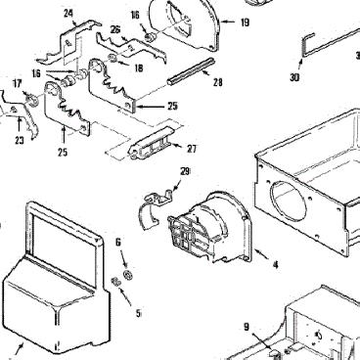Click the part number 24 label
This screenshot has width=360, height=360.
[68, 14]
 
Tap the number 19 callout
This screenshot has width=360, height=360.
[245, 22]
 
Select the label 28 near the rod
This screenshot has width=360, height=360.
[218, 82]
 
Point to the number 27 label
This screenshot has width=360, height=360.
[192, 149]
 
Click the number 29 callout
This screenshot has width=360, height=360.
[185, 171]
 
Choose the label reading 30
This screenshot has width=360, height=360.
[294, 77]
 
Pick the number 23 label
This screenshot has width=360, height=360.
[20, 140]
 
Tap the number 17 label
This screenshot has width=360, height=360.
[17, 84]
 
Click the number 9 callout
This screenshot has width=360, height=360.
[247, 326]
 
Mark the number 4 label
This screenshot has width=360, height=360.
[276, 265]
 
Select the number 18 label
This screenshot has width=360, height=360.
[138, 67]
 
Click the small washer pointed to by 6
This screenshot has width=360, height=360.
[128, 274]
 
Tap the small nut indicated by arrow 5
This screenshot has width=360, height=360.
[115, 282]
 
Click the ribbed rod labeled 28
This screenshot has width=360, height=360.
[191, 71]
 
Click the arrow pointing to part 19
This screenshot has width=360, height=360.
[229, 22]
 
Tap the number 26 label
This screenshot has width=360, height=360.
[115, 30]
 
